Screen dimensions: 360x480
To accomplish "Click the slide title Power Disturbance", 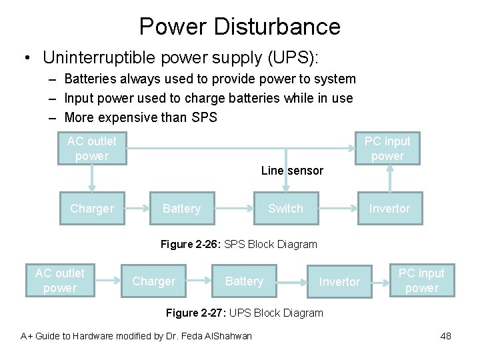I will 239,27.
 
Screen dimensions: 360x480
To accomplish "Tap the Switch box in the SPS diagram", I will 285,209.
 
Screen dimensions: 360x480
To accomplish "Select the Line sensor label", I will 292,171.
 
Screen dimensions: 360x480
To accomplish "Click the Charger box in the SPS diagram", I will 92,209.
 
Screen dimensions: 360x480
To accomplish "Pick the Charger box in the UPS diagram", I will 153,281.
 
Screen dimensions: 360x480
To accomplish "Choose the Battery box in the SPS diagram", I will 181,209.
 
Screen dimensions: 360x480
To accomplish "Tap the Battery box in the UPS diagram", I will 244,281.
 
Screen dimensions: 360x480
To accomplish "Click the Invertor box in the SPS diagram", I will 389,209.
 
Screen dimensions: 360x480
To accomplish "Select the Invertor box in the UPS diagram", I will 339,282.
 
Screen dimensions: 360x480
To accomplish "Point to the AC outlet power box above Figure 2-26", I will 92,148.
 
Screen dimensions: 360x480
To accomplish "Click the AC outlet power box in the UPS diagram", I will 60,281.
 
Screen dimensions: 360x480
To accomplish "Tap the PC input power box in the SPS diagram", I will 387,148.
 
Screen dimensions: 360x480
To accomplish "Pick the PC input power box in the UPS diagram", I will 422,281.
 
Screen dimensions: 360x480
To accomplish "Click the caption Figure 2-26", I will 239,244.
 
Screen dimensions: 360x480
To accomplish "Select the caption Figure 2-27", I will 244,313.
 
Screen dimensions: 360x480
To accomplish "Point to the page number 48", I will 445,336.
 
